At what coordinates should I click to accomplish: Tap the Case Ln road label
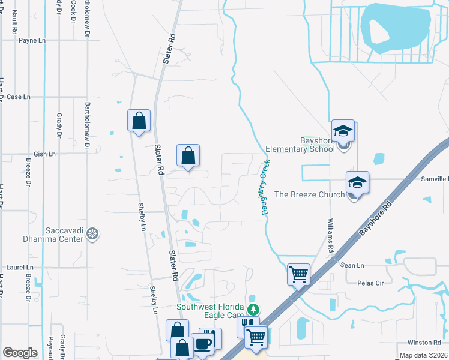(18, 97)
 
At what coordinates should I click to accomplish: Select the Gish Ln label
(44, 154)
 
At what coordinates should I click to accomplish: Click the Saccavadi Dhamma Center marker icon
(92, 233)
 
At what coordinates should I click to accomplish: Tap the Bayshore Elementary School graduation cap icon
(343, 131)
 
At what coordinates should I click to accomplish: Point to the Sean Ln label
(352, 265)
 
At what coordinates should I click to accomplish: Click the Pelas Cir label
(370, 283)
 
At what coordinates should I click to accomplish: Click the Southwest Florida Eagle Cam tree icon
(253, 309)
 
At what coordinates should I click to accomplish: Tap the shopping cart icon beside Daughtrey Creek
(298, 275)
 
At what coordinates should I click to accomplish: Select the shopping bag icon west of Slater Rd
(139, 120)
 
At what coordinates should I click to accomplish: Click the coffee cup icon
(202, 344)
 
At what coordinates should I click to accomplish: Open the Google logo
(20, 353)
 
